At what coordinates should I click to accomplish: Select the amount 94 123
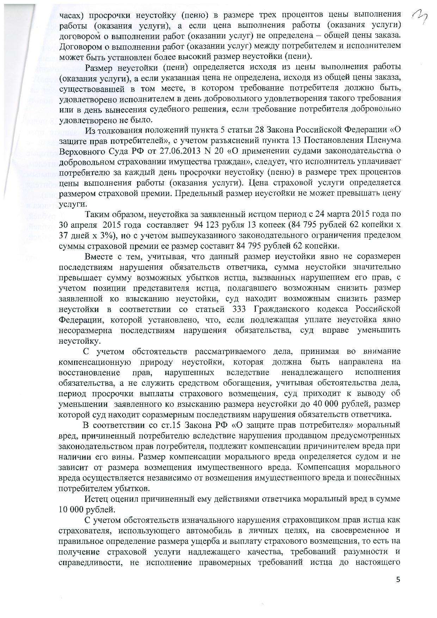[252, 225]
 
